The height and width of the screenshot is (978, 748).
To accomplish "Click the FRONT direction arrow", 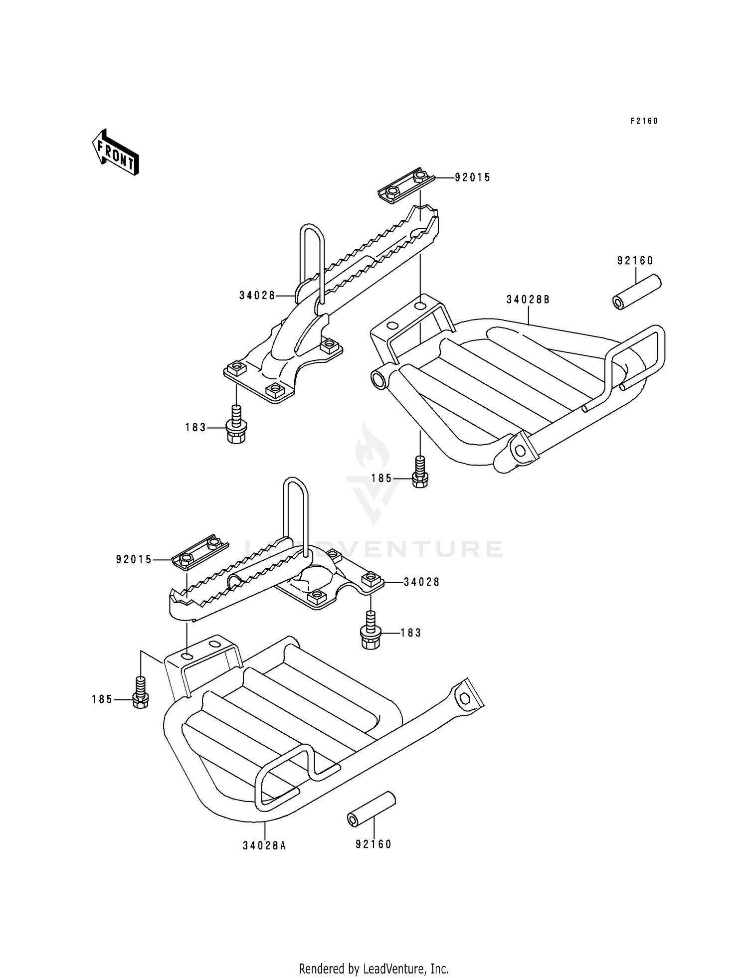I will [x=115, y=152].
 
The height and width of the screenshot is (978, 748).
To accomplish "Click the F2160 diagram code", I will [x=644, y=121].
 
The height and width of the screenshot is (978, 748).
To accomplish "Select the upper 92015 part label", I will [x=472, y=177].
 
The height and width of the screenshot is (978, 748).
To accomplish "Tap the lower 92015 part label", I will [x=134, y=560].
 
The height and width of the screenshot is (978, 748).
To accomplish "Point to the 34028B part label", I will [x=528, y=300].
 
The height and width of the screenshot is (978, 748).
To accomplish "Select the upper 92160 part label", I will [x=635, y=261].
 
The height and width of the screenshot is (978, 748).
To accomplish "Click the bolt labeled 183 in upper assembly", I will [x=236, y=425].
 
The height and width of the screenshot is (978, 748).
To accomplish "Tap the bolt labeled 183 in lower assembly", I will [x=370, y=631].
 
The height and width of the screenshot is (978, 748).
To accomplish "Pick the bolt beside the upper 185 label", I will [x=420, y=472].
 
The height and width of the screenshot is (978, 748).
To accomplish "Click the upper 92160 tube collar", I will [x=637, y=293].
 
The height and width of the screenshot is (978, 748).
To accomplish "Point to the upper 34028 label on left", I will [x=257, y=296].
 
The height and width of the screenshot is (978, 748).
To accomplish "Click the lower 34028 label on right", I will [x=421, y=582].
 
